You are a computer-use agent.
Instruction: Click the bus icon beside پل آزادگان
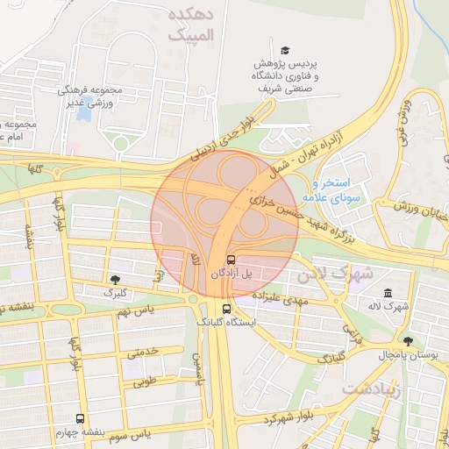(x=231, y=260)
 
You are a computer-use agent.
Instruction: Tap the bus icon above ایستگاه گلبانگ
(x=226, y=309)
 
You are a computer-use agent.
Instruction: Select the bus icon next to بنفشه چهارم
(x=81, y=419)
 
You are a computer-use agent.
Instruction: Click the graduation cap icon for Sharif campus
(x=285, y=51)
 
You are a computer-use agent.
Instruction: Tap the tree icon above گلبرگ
(x=115, y=279)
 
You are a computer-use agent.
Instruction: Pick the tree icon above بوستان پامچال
(x=407, y=340)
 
